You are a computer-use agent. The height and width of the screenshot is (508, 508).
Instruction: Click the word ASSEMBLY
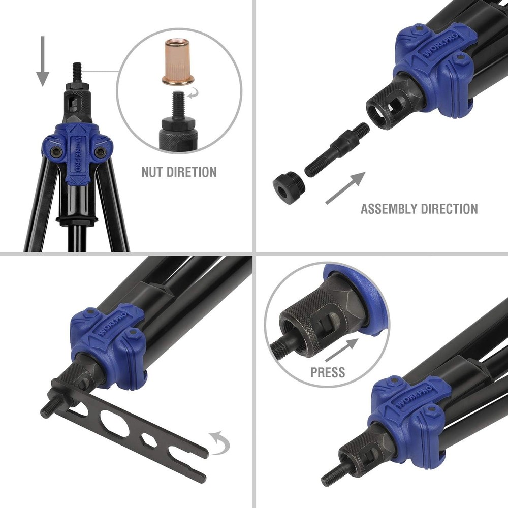(x=389, y=209)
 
